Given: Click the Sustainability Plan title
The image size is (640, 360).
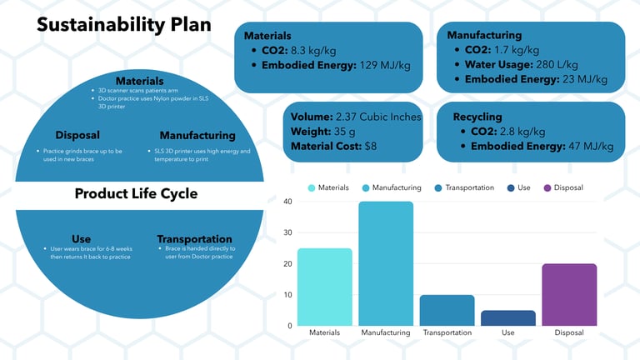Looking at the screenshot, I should point(122,25).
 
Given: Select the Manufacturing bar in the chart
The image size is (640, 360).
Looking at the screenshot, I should point(386,263).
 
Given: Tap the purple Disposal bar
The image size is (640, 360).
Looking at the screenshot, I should point(569,294).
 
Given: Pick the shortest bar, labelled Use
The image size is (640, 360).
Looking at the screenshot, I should point(508,317).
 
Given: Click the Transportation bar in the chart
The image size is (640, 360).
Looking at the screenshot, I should point(447,310).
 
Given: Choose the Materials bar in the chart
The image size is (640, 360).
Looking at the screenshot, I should point(324,287).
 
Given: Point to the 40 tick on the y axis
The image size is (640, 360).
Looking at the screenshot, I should point(287,202).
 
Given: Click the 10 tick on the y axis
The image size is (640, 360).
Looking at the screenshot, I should point(287,295).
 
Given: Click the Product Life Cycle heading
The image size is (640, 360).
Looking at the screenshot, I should point(136,193).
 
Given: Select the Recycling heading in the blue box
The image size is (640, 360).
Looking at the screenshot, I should point(477,116).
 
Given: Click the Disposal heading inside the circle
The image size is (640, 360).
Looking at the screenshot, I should point(77,135).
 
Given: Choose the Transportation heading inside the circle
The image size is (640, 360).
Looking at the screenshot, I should point(194,238).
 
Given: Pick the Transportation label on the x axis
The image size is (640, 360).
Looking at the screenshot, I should point(447,332).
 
